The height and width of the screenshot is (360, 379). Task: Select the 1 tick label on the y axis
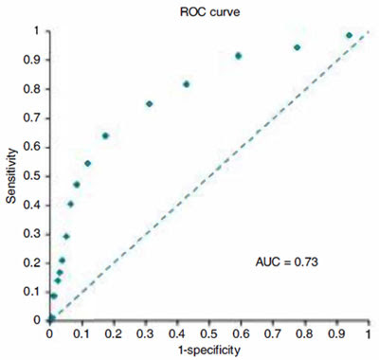coord(38,30)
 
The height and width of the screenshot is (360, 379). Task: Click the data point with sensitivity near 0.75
coord(150,103)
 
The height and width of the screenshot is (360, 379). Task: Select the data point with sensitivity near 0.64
coord(105,135)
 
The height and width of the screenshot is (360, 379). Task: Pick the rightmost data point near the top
coord(349,35)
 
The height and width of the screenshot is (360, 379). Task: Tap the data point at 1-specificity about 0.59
coord(239,56)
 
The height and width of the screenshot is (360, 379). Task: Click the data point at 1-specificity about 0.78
coord(298,47)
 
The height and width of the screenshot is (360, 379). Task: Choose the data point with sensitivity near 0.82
coord(187,84)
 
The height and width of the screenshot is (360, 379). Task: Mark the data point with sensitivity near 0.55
coord(87,163)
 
